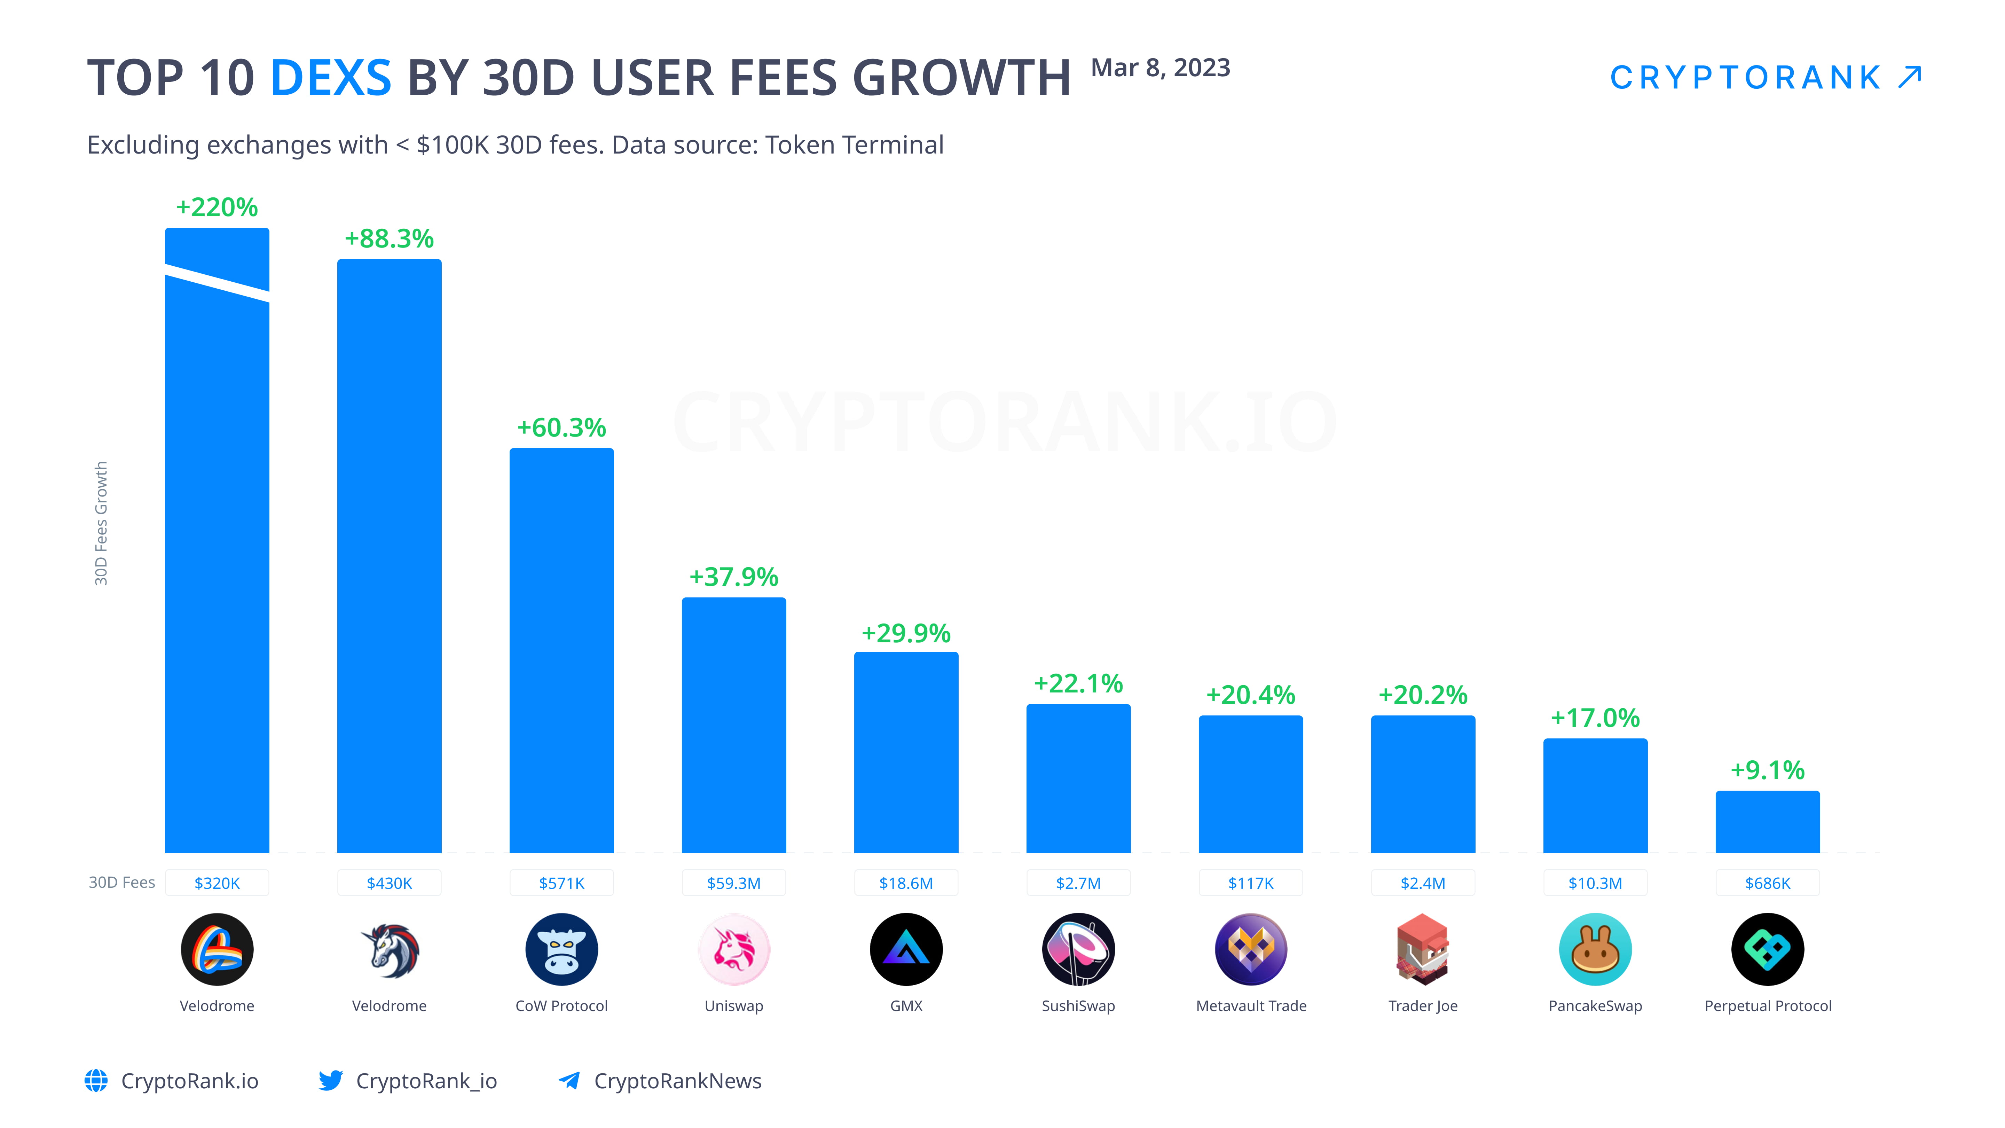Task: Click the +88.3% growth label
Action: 389,238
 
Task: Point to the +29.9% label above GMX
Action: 906,633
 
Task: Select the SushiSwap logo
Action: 1078,949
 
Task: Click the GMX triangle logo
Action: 906,949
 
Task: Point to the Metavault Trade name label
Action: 1251,1006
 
